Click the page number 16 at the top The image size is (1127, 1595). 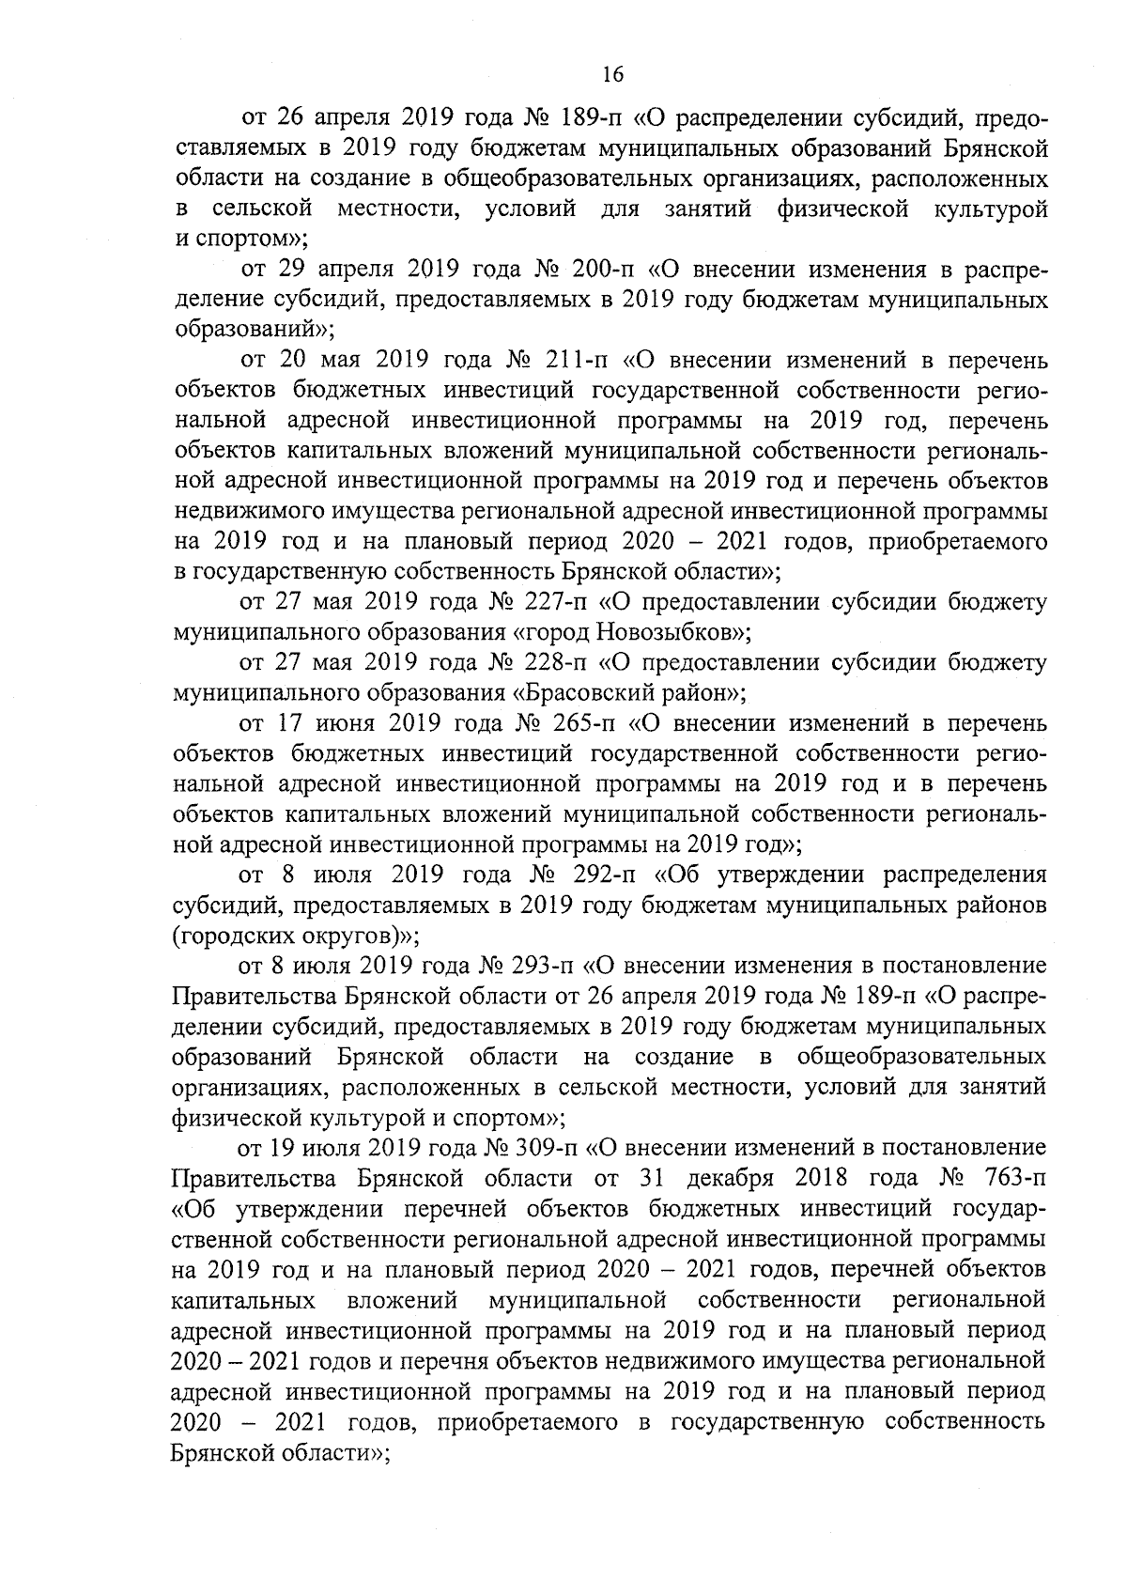(611, 76)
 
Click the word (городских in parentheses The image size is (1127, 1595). (220, 936)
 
